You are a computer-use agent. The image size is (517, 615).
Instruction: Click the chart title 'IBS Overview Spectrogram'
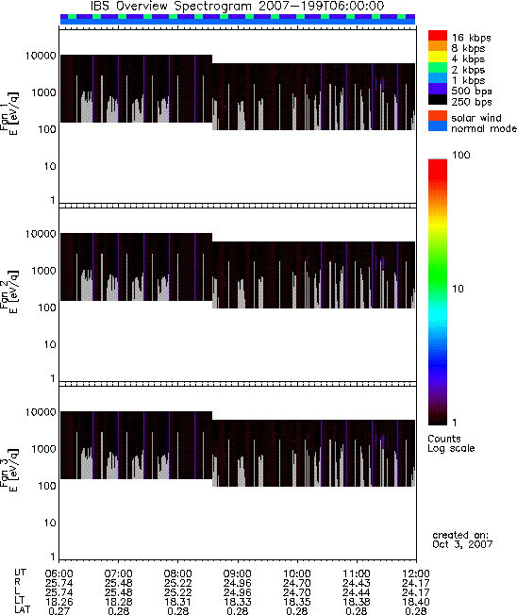point(172,7)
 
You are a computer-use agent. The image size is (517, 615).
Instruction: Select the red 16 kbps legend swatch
point(438,36)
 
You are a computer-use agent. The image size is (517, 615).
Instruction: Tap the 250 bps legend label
point(471,102)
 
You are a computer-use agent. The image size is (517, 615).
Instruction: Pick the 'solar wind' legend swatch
point(438,116)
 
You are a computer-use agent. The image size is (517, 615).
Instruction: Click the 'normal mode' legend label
point(484,128)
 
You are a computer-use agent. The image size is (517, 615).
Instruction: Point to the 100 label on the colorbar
point(460,155)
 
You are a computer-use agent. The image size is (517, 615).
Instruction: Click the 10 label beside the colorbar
point(458,289)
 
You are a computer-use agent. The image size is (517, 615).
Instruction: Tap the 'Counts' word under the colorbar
point(444,439)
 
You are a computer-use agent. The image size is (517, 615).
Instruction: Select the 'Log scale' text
point(451,448)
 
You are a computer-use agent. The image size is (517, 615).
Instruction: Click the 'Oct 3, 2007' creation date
point(462,544)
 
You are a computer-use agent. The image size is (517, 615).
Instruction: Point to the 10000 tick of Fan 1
point(41,56)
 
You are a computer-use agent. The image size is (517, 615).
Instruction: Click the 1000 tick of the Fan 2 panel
point(44,271)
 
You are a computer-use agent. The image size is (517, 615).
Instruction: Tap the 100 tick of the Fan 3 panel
point(47,486)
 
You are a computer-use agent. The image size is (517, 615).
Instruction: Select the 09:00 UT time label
point(237,573)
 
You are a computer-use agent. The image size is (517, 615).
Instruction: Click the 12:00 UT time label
point(416,573)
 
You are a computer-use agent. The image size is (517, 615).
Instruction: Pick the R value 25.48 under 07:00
point(119,583)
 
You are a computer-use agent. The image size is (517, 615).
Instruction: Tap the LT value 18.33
point(237,602)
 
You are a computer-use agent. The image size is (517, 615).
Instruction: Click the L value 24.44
point(357,592)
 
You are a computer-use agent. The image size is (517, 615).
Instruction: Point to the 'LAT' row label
point(22,610)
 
